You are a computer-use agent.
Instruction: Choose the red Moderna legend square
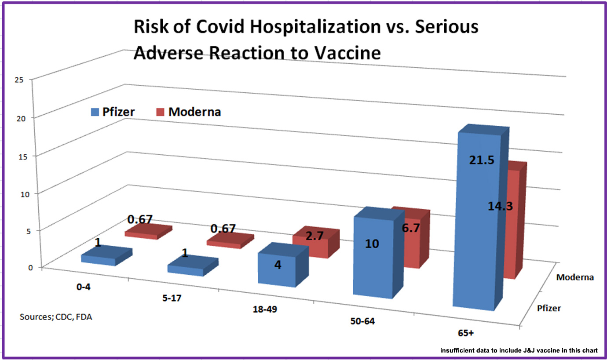(x=161, y=112)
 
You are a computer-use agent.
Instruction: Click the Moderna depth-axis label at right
(x=575, y=277)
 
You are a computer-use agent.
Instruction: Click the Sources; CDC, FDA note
(x=56, y=316)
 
